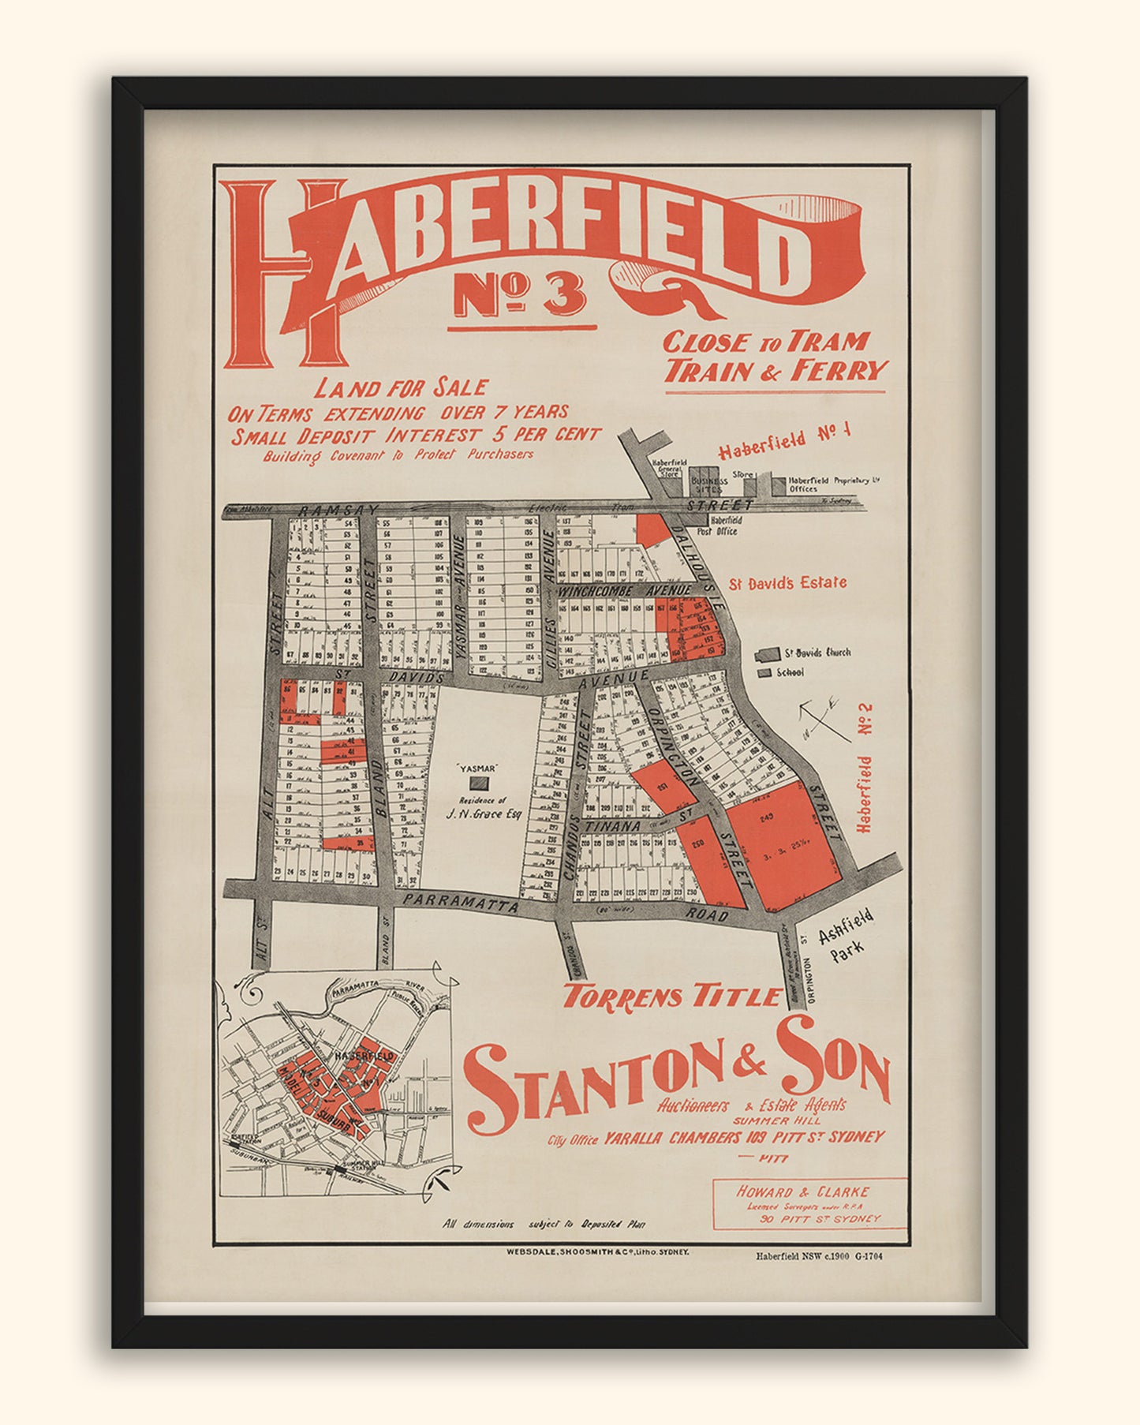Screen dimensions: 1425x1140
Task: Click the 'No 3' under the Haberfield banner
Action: click(521, 295)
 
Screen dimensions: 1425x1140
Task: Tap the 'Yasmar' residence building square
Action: click(479, 784)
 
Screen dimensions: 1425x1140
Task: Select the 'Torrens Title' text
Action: click(671, 997)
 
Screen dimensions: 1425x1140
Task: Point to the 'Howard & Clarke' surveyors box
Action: click(809, 1204)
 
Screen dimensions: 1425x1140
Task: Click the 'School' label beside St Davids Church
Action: click(789, 673)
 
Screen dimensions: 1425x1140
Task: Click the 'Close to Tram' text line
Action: click(765, 342)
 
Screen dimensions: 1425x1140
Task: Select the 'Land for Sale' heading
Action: click(402, 387)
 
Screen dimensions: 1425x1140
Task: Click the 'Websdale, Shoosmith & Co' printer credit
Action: click(599, 1251)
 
